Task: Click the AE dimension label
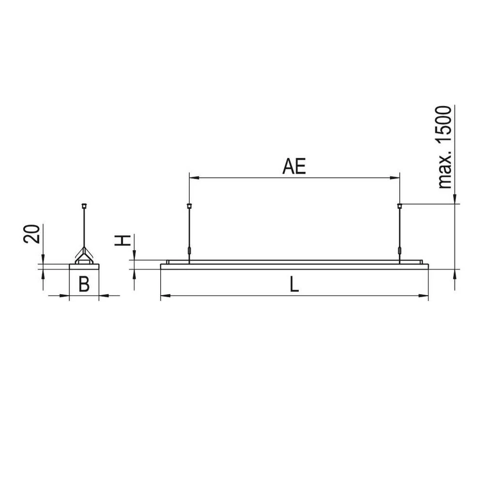pos(294,166)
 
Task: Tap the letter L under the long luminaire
pos(294,284)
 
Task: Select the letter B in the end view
pos(84,284)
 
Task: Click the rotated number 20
pos(31,234)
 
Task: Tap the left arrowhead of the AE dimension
pos(194,178)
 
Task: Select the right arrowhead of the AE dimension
pos(395,178)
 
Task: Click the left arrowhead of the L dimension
pos(166,296)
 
